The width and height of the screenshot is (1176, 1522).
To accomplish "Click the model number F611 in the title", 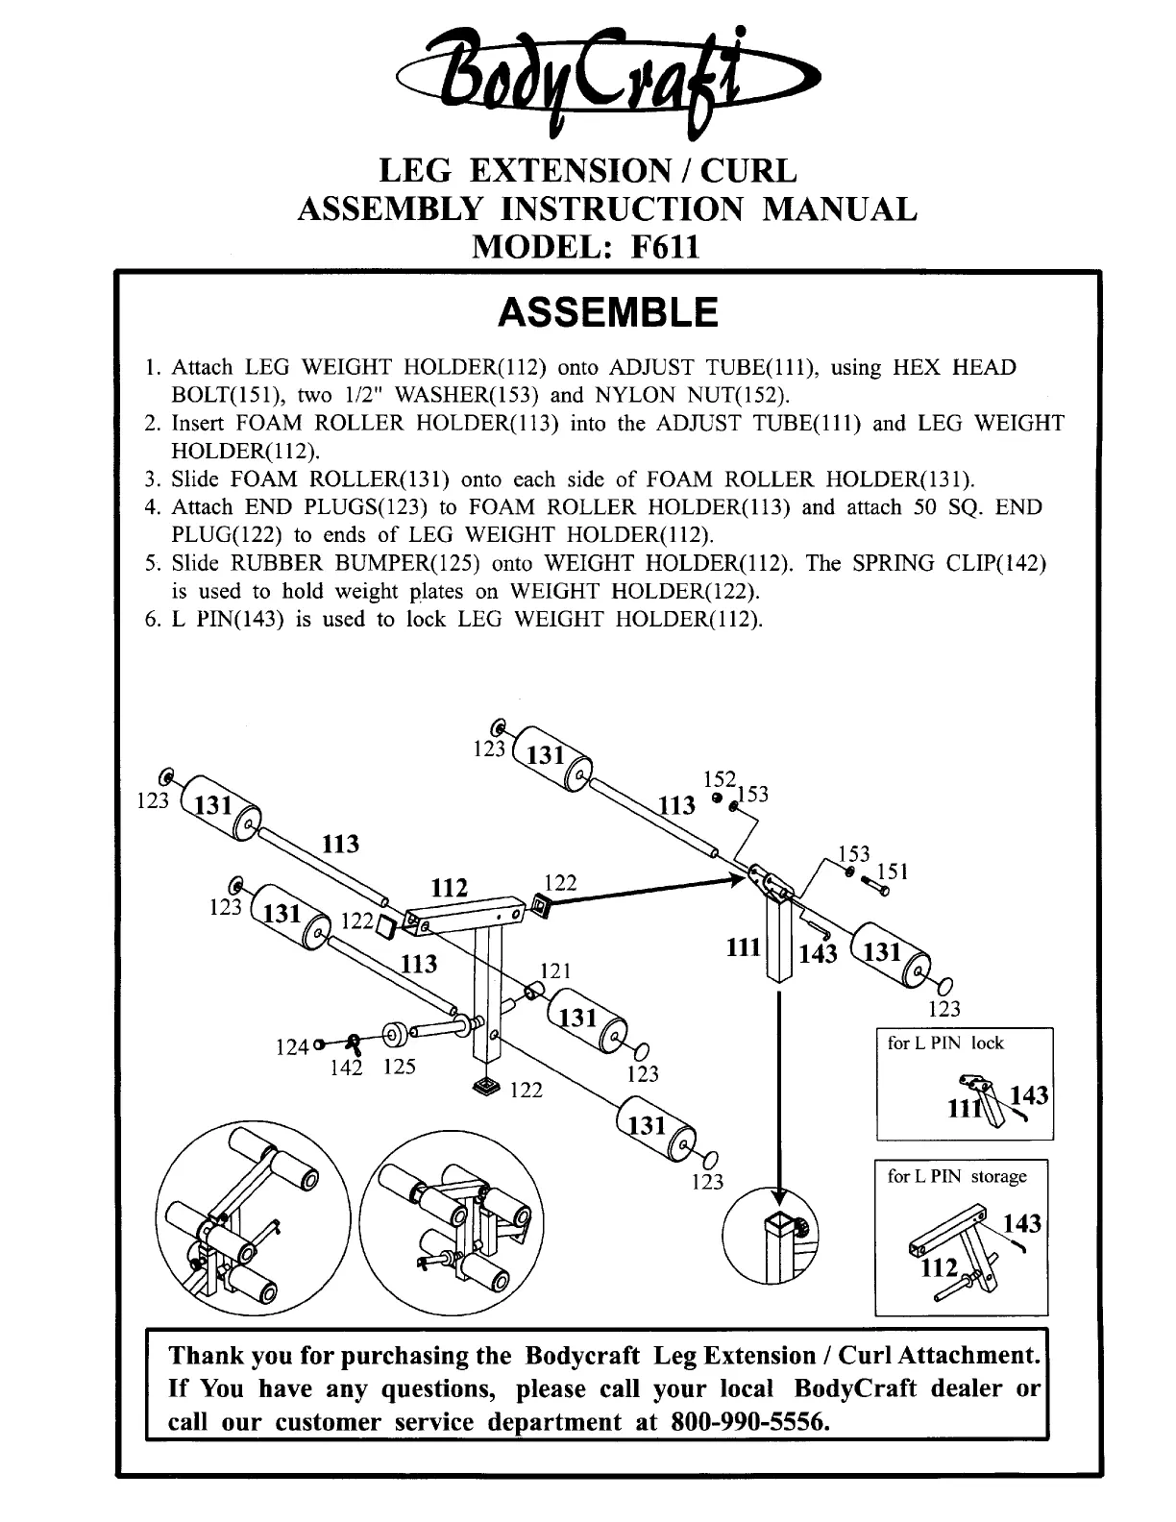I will (x=663, y=247).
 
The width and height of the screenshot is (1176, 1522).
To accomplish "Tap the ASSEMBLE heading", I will (x=608, y=313).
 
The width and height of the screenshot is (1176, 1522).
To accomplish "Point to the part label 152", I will (x=719, y=779).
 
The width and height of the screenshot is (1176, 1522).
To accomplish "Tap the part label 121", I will (x=556, y=970).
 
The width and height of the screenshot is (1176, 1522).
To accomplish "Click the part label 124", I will (x=291, y=1047).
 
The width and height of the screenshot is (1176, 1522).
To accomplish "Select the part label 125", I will (x=399, y=1067).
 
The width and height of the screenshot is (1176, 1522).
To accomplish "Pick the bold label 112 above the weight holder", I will (x=449, y=888).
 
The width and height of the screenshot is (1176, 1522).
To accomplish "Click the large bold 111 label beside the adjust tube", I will (x=744, y=948).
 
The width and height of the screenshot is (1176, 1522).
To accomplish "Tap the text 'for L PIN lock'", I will (x=945, y=1043).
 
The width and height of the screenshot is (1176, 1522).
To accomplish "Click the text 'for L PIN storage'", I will (x=957, y=1176).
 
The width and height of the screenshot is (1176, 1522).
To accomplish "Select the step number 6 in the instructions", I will (x=151, y=619).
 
